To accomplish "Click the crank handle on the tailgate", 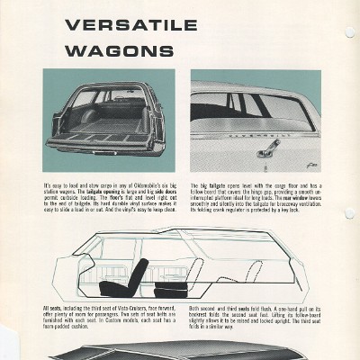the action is pyautogui.click(x=268, y=147).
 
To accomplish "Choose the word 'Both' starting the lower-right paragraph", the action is pyautogui.click(x=197, y=308).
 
